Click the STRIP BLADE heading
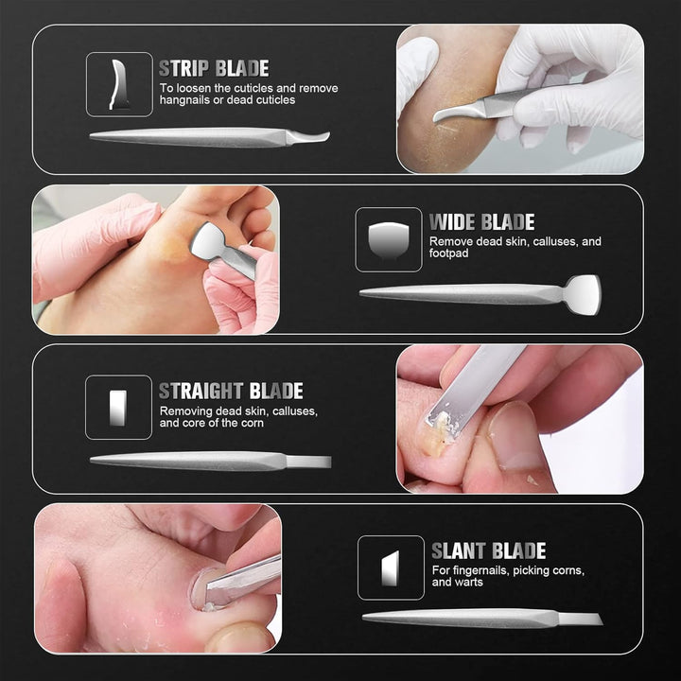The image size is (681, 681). click(214, 69)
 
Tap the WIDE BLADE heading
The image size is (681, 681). click(482, 222)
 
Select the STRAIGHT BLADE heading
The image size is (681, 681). click(231, 391)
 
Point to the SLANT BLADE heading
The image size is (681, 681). click(489, 550)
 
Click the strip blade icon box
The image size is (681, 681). click(119, 85)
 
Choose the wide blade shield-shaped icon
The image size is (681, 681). click(389, 239)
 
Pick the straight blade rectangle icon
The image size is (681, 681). click(118, 408)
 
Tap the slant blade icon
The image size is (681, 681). click(390, 568)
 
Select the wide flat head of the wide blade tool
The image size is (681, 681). click(583, 295)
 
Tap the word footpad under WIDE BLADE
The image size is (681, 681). click(448, 253)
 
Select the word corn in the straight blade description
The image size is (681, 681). click(253, 423)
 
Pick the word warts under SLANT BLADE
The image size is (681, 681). click(469, 582)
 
